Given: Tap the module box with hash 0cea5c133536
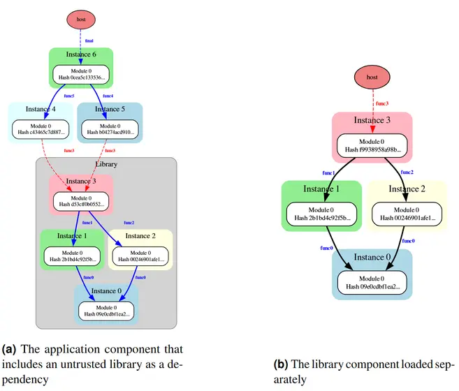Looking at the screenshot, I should [x=80, y=74].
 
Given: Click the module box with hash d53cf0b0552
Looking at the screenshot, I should [x=80, y=201].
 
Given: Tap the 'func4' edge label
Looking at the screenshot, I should [x=109, y=95].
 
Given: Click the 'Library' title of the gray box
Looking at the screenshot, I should [x=105, y=165].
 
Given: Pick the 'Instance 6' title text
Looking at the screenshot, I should [x=80, y=54].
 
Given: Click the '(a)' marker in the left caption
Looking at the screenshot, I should [x=12, y=348].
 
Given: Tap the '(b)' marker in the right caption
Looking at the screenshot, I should [x=282, y=364].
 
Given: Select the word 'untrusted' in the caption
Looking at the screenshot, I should [x=80, y=364].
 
